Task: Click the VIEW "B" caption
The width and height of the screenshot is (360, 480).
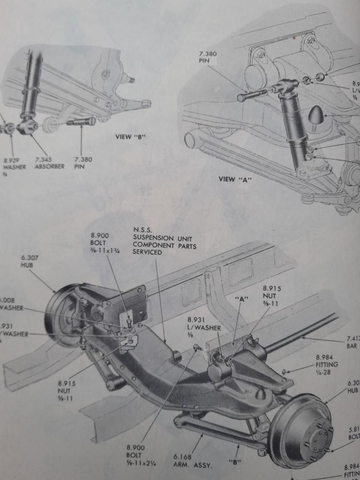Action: (131, 137)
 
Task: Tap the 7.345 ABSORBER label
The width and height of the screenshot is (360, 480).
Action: (49, 163)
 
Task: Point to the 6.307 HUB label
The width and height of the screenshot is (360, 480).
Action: (28, 260)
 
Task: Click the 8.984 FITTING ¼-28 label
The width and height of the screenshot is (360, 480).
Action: (327, 364)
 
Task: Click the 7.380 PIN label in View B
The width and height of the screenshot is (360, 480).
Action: (83, 163)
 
